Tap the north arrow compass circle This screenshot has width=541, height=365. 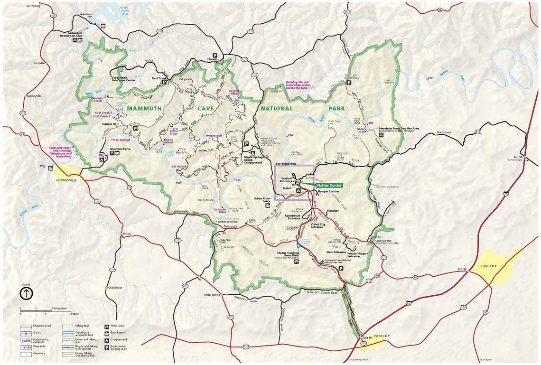tap(26, 293)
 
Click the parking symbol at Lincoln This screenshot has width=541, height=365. tap(215, 55)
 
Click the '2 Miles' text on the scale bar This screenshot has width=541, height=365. tap(74, 314)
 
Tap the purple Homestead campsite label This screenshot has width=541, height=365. tap(214, 135)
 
